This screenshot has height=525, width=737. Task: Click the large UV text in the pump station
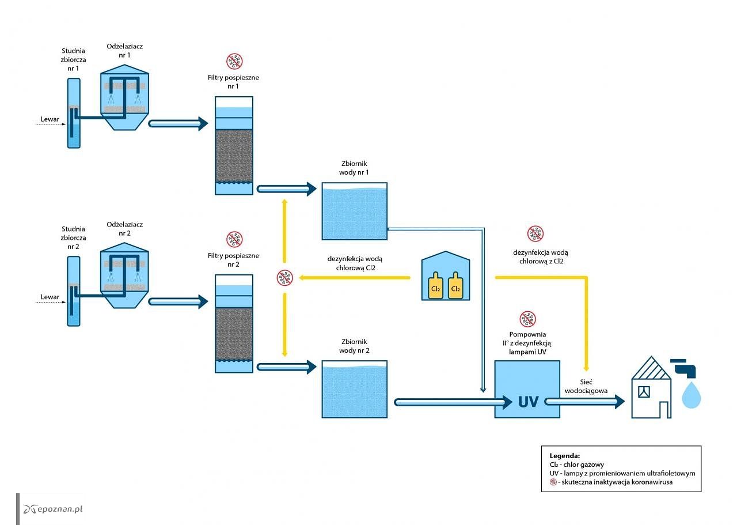coord(529,402)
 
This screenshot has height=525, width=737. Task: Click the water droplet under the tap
coord(692,395)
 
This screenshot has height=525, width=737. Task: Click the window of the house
coord(644,392)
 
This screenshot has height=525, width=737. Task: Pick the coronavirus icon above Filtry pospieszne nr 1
coord(234,61)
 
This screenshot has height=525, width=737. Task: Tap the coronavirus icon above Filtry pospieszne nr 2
coord(234,239)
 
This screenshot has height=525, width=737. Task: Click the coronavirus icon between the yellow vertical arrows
coord(284,278)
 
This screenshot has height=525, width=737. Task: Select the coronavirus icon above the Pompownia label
coord(528,319)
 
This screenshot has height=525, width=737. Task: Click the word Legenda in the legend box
coord(565,456)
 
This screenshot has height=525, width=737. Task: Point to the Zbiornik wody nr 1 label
coord(354,168)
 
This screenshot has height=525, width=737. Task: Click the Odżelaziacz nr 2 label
coord(125,229)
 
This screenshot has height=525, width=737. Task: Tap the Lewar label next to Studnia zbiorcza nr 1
coord(50,119)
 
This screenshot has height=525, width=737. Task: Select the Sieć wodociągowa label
coord(586,386)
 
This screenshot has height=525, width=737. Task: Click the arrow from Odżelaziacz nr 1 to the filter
coord(178,124)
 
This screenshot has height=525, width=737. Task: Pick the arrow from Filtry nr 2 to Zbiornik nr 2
coord(286,367)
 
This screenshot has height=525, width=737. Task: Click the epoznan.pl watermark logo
coord(52,509)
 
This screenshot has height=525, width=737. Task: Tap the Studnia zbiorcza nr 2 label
coord(73,237)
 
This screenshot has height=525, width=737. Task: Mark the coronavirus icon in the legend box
coord(553,482)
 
